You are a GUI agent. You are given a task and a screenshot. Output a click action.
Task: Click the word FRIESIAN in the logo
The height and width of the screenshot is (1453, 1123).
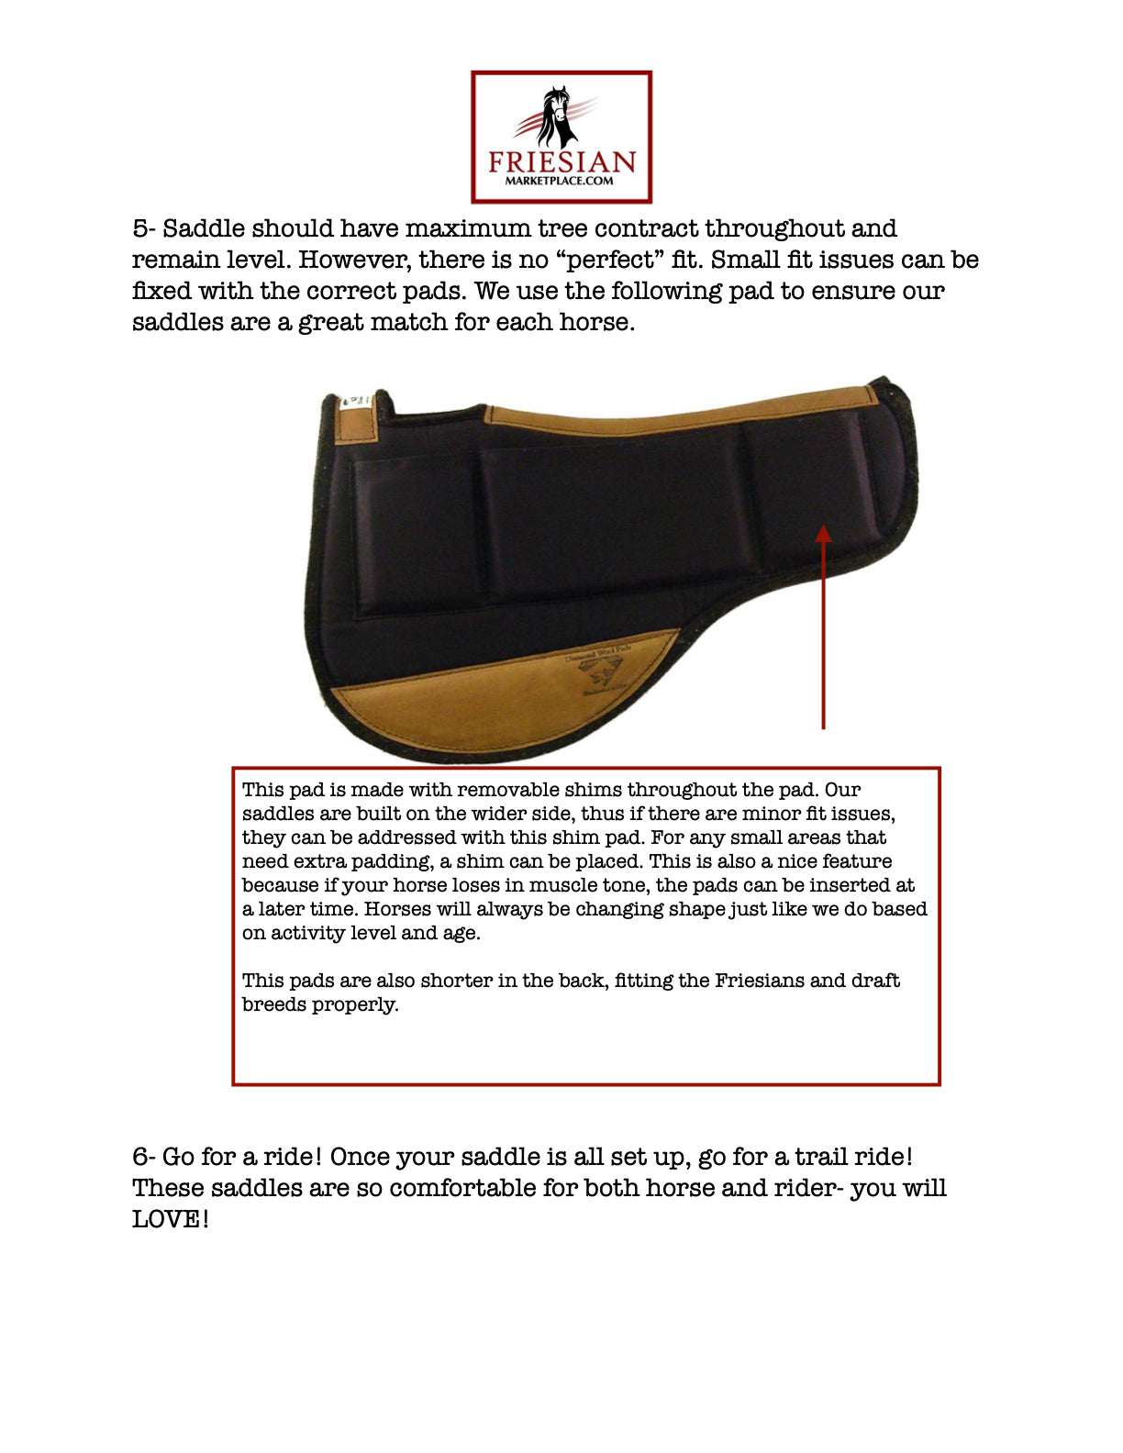tap(561, 162)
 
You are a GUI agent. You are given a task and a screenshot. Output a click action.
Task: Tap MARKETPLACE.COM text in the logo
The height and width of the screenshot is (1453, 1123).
tap(560, 181)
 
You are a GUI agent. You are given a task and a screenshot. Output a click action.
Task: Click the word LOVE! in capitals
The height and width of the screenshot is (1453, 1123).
tap(171, 1219)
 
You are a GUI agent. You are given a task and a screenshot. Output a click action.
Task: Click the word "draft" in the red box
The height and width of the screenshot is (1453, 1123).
tap(875, 981)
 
